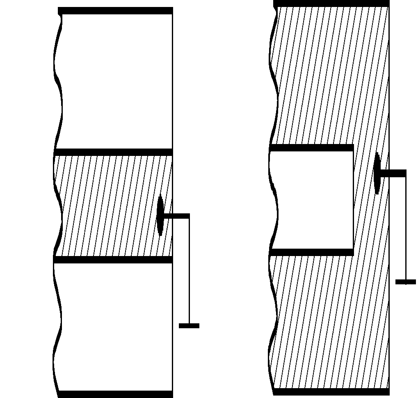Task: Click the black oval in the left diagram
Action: [160, 216]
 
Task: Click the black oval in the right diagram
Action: [377, 173]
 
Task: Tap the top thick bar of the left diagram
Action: [115, 11]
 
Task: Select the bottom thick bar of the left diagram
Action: [115, 394]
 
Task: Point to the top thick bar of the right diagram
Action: [331, 3]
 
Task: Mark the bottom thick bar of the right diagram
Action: [331, 392]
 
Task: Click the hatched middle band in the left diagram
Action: [107, 205]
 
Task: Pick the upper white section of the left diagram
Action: [115, 82]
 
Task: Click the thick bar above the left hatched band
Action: [113, 152]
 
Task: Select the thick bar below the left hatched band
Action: [113, 260]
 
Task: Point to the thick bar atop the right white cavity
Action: [311, 148]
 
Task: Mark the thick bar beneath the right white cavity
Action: [311, 252]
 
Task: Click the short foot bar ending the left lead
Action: [189, 326]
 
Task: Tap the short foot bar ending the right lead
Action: [406, 282]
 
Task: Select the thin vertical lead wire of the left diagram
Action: [189, 271]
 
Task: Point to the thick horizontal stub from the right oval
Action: [393, 173]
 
